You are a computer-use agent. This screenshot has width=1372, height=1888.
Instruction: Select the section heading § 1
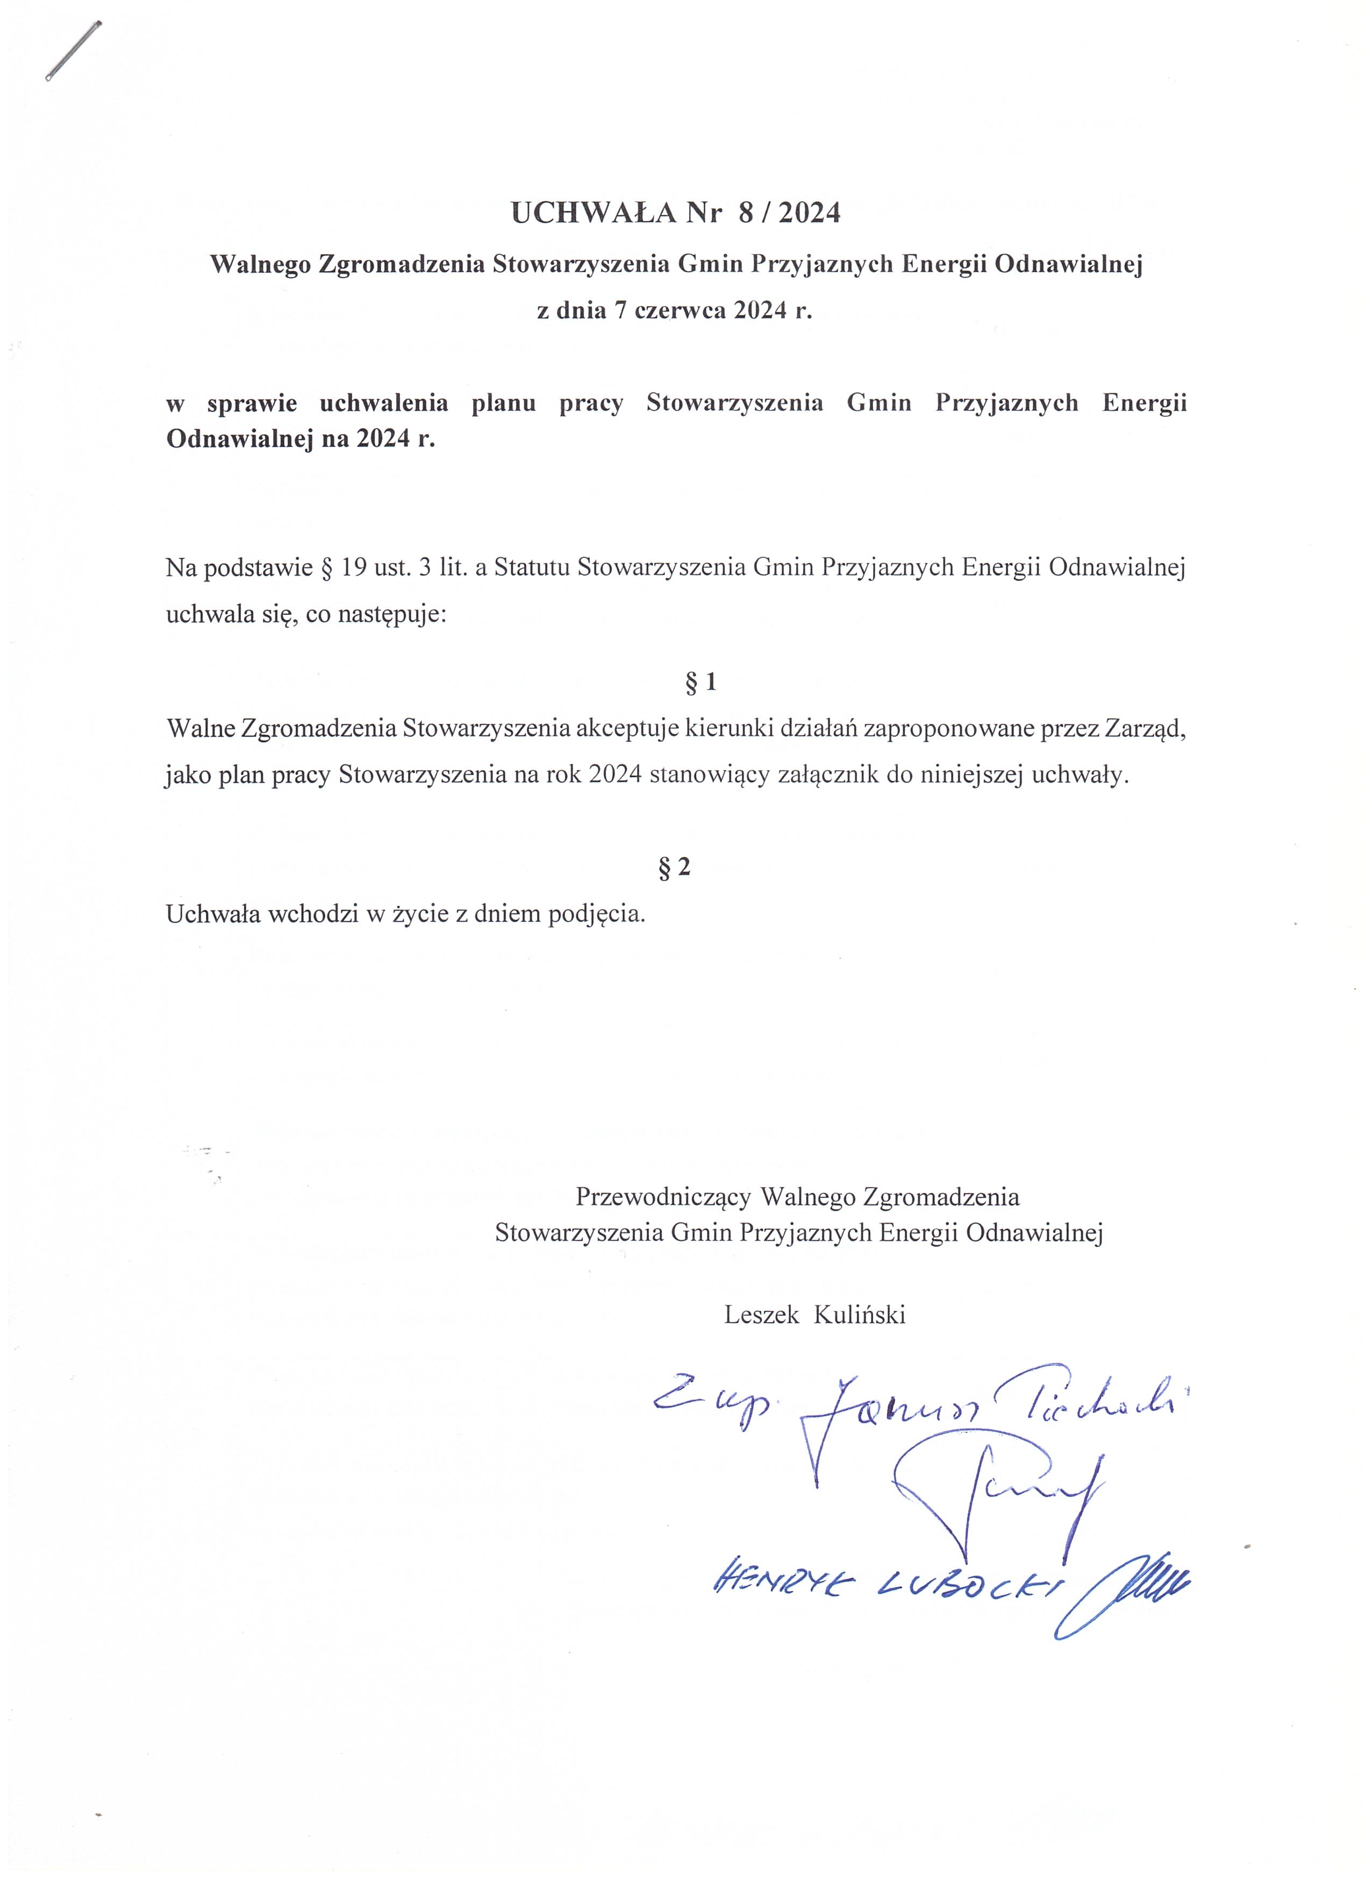tap(700, 683)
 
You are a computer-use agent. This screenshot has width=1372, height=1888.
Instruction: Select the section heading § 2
tap(674, 868)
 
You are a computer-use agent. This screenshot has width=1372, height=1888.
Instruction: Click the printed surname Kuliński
tap(859, 1315)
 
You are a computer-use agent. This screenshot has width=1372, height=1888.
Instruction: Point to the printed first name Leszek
tap(761, 1315)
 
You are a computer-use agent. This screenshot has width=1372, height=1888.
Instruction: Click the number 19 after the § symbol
tap(354, 567)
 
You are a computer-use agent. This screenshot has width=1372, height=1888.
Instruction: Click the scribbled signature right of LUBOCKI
tap(1123, 1590)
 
